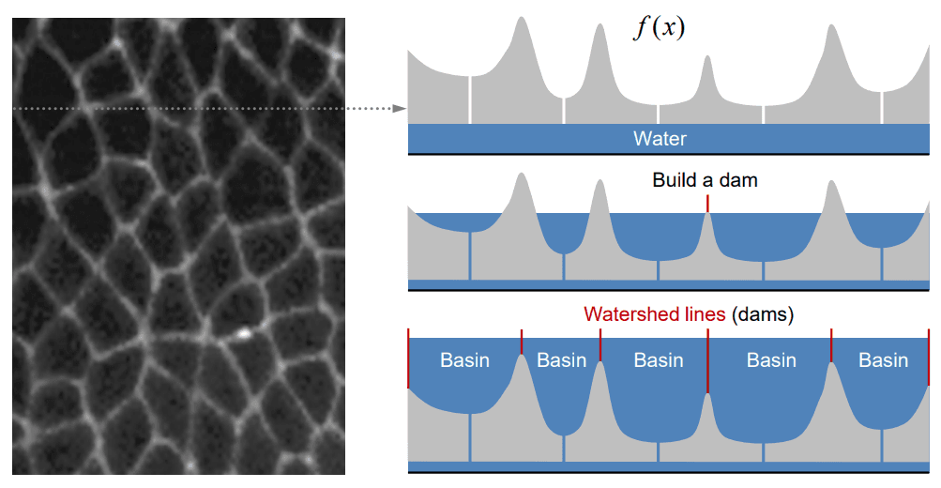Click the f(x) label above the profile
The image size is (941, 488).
tap(659, 28)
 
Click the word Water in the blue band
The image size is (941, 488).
tap(660, 139)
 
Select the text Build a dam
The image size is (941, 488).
tap(705, 179)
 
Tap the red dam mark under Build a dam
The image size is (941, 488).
tap(708, 203)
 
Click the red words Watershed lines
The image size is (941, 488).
tap(654, 314)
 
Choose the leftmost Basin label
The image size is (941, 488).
tap(464, 360)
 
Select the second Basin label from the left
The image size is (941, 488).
tap(561, 360)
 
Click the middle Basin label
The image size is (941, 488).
tap(659, 360)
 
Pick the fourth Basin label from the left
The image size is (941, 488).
tap(771, 360)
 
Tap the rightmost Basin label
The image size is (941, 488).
tap(883, 360)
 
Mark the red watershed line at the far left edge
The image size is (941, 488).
tap(408, 358)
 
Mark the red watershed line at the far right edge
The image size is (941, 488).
tap(928, 358)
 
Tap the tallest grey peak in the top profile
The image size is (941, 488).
tap(521, 28)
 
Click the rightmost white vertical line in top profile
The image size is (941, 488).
tap(882, 106)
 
